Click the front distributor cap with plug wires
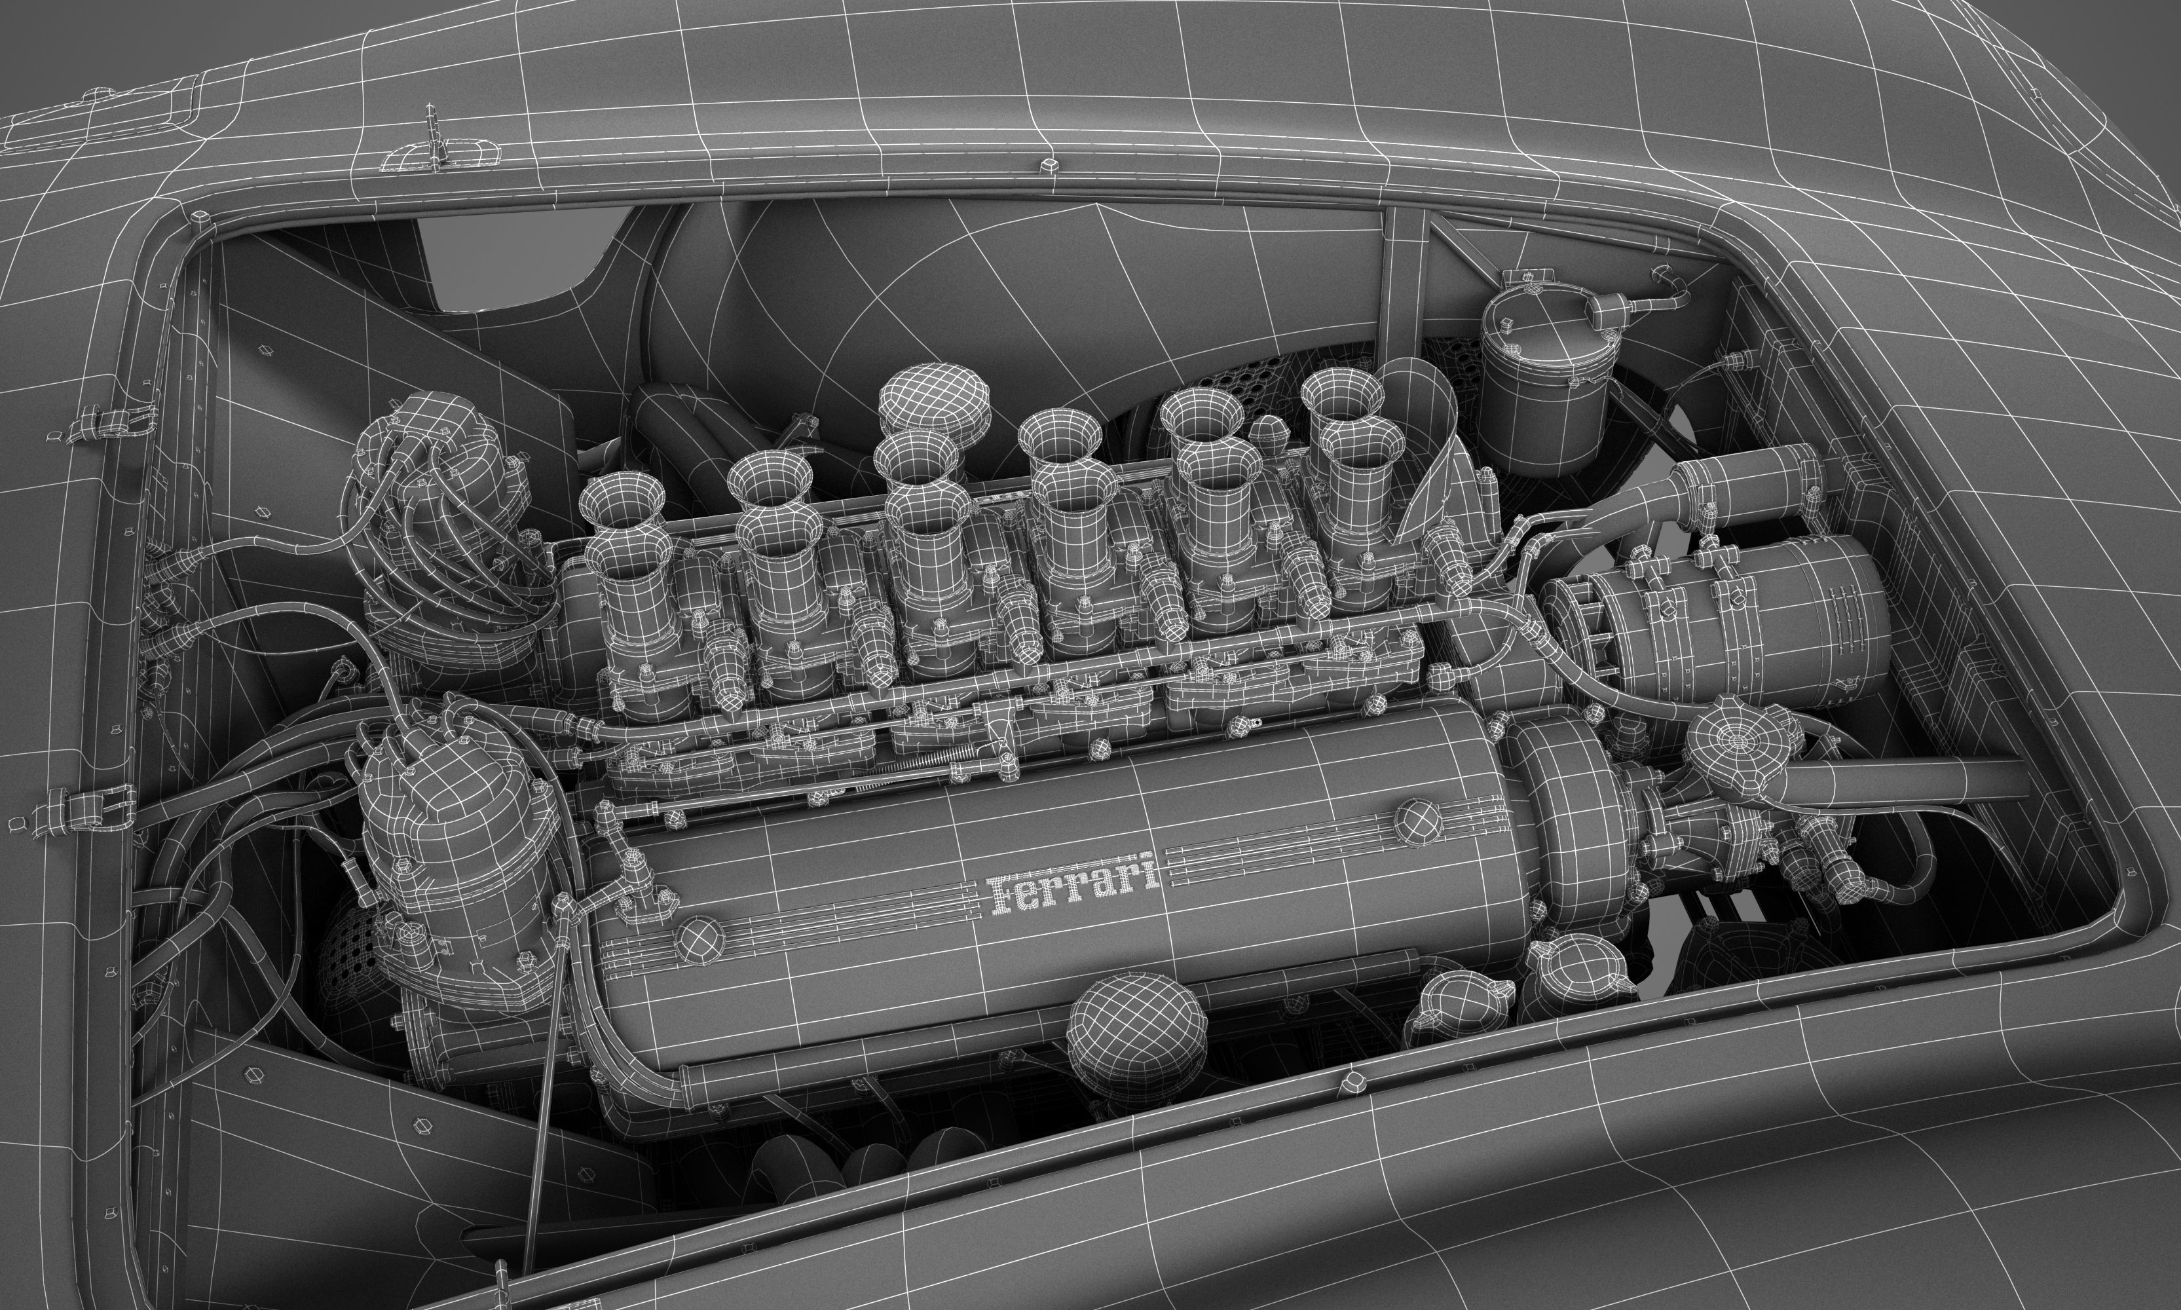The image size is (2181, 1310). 452,830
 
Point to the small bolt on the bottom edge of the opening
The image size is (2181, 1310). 1348,1081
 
